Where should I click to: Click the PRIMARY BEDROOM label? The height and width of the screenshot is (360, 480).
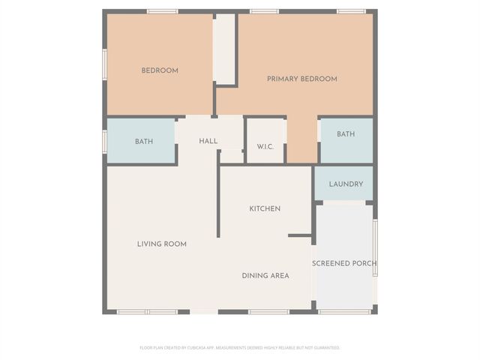pos(302,79)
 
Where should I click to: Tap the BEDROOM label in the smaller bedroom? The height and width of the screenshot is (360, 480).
pos(160,70)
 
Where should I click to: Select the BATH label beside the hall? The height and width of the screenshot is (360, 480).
pos(144,141)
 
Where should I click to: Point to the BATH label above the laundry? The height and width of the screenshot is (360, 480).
pos(346,134)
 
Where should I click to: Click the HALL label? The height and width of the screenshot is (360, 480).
pos(208,141)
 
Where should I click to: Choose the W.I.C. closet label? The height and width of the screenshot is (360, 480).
pos(265,146)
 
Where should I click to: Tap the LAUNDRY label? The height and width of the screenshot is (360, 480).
pos(346,184)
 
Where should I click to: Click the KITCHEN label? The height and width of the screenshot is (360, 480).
pos(265,208)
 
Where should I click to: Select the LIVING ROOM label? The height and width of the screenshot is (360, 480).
pos(161,244)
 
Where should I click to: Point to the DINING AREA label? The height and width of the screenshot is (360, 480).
pos(265,275)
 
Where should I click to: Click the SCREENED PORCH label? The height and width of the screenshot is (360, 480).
pos(344,263)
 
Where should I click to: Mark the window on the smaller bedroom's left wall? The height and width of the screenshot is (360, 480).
pos(104,63)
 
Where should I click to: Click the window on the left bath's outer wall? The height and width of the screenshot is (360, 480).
pos(104,140)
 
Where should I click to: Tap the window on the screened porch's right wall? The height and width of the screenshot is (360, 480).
pos(375,248)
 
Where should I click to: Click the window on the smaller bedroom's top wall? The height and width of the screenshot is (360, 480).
pos(162,11)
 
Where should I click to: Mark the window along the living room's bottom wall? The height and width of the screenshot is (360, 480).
pos(147,311)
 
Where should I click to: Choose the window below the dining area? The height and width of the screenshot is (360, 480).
pos(268,311)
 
